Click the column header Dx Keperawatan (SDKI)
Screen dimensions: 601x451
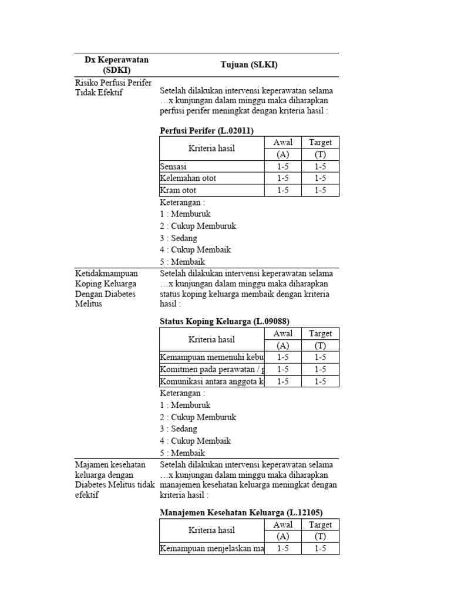pos(116,65)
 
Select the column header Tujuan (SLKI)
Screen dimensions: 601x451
pos(248,65)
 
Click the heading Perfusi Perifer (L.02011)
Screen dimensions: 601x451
pos(207,131)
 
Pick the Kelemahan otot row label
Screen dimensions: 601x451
pos(188,178)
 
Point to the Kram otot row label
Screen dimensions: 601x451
pos(178,190)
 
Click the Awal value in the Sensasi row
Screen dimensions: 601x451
pos(283,167)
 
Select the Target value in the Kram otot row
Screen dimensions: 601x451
pos(320,190)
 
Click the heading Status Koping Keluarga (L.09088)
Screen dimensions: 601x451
pos(224,321)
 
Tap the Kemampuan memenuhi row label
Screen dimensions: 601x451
pos(212,357)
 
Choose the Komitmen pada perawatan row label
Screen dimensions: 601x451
pos(212,369)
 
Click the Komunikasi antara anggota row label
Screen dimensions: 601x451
pos(212,381)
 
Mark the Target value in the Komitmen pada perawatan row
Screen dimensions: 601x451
pos(320,369)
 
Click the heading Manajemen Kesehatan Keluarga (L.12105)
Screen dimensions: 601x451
pos(241,512)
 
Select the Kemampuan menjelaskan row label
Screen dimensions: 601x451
pos(212,549)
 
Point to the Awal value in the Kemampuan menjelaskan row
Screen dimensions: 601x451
pos(283,549)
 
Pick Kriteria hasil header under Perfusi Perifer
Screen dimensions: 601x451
pos(211,148)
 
